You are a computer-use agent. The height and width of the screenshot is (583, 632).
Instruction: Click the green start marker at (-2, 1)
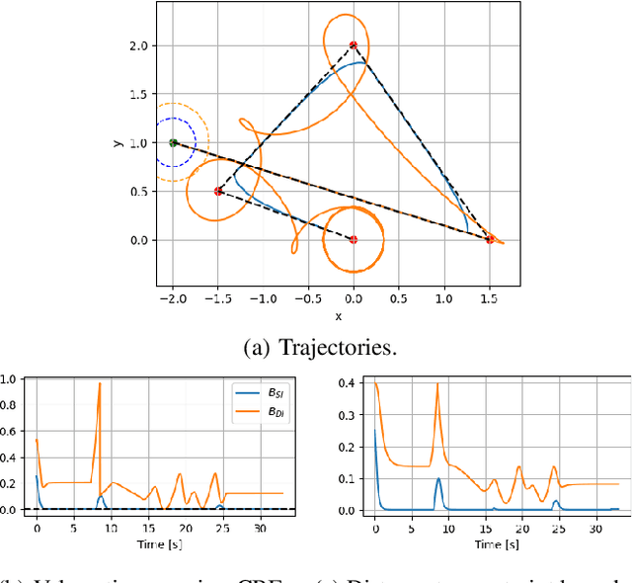(x=173, y=143)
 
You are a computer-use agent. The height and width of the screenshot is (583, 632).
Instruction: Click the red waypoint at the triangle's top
(x=354, y=45)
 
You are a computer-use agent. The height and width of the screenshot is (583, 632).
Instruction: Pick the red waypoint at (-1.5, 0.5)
(x=218, y=191)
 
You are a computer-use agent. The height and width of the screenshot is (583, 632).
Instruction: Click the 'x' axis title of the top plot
(x=338, y=316)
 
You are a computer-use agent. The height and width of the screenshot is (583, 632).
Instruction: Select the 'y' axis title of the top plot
(x=116, y=143)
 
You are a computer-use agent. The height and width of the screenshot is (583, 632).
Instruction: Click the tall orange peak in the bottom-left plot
(x=100, y=385)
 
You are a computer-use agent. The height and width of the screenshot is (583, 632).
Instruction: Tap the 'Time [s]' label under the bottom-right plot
(x=492, y=542)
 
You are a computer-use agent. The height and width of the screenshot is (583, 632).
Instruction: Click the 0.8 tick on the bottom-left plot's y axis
(x=8, y=405)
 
